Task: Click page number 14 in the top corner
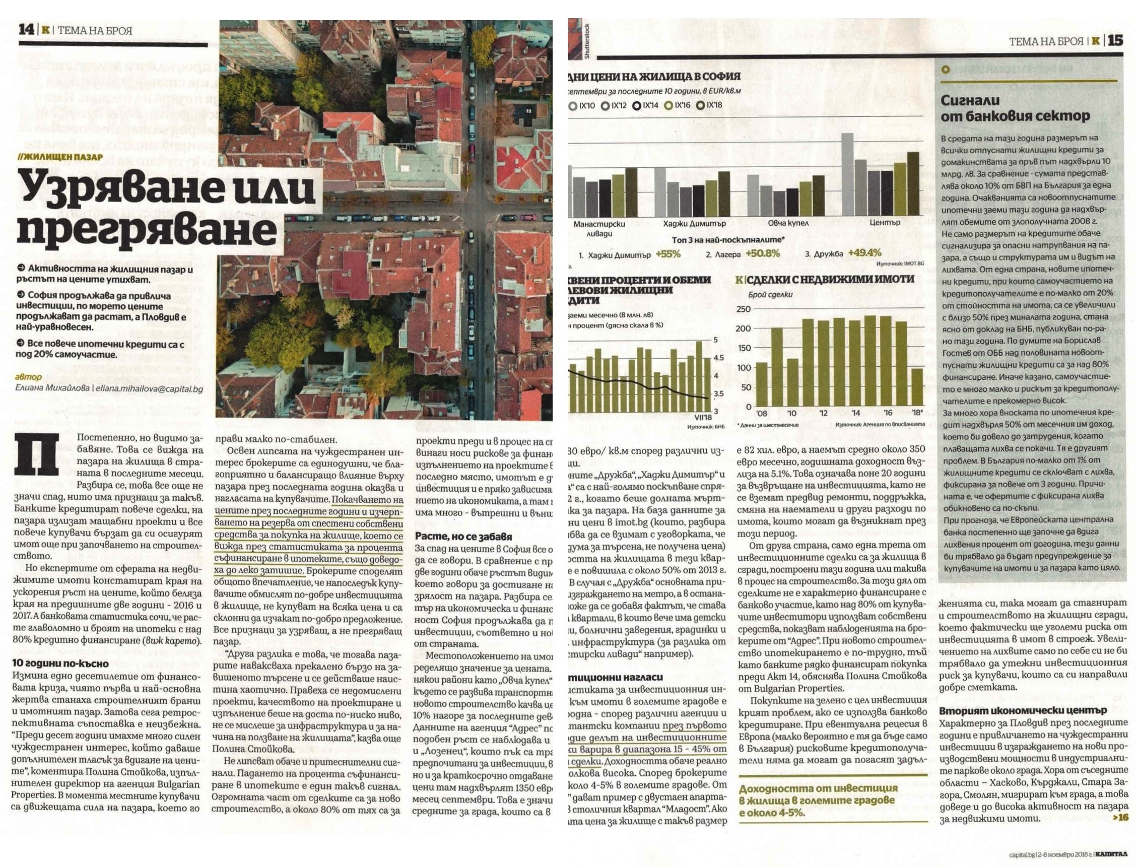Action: (x=26, y=29)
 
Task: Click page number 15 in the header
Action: (x=1115, y=40)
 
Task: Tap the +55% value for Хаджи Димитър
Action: (x=668, y=254)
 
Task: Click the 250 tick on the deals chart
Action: (x=744, y=309)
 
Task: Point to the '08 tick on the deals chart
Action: (x=761, y=413)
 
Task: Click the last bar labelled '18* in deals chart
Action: (x=917, y=387)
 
